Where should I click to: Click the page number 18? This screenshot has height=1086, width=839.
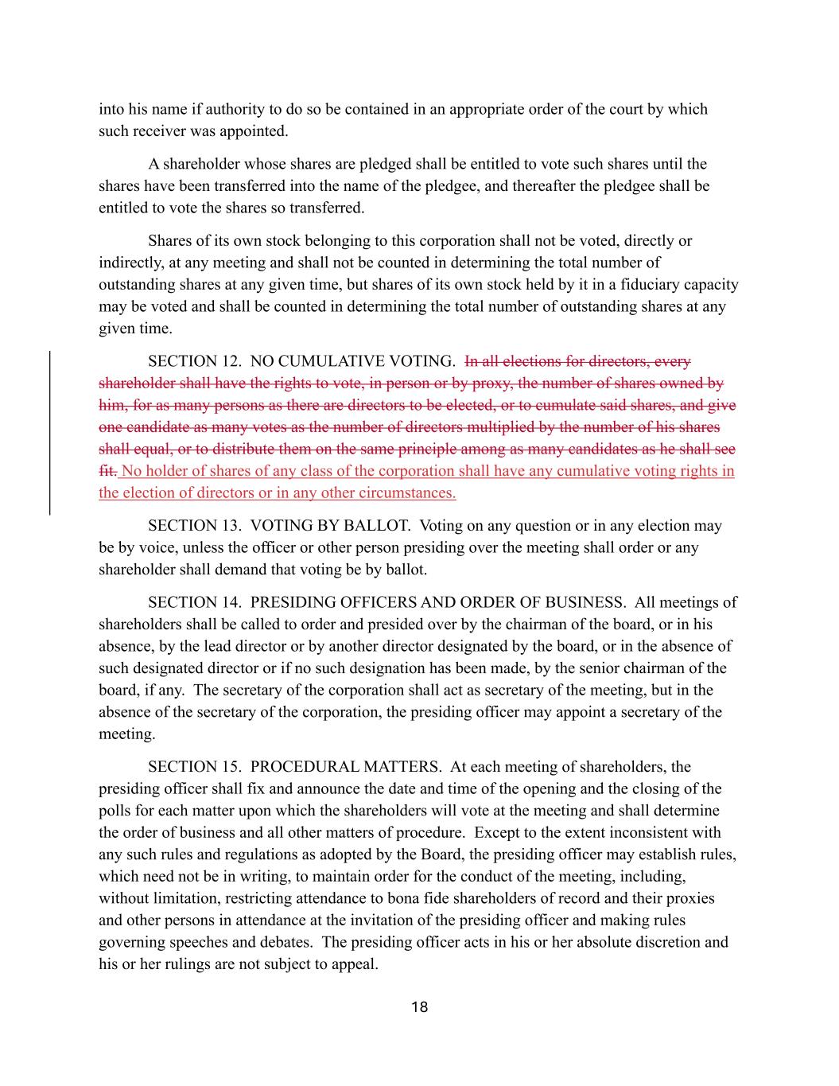419,1007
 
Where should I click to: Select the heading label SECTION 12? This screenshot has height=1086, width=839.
194,362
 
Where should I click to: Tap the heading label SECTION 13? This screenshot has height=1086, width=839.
194,526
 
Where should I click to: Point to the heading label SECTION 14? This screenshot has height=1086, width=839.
194,602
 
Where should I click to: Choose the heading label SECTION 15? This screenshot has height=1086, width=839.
194,767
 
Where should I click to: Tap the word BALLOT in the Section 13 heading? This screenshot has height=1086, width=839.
381,526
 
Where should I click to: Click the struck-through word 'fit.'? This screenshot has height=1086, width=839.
107,471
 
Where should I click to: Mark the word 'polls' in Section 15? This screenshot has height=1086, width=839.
115,811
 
